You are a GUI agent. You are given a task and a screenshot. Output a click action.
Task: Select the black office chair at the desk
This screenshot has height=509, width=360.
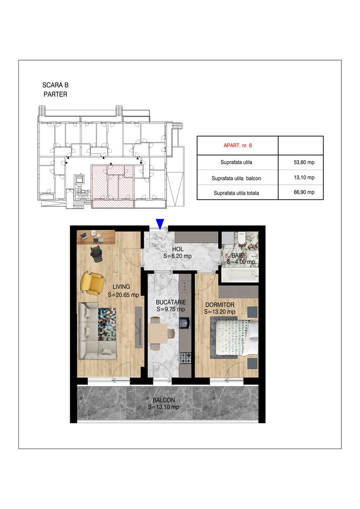97,253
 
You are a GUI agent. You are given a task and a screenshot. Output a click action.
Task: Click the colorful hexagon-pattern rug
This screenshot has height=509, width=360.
107,324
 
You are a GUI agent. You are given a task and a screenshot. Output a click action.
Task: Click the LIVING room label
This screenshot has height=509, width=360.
121,286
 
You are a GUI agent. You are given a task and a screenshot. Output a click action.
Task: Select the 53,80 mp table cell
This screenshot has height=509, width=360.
303,163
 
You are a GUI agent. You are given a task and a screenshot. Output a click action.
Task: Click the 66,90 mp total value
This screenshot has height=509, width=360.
303,192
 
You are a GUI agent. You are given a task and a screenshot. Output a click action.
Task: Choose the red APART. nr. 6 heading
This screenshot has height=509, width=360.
237,146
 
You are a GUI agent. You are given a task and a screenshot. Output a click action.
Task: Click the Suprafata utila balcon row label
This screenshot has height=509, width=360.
237,178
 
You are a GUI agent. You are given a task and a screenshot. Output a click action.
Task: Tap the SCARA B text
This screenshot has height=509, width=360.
55,85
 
